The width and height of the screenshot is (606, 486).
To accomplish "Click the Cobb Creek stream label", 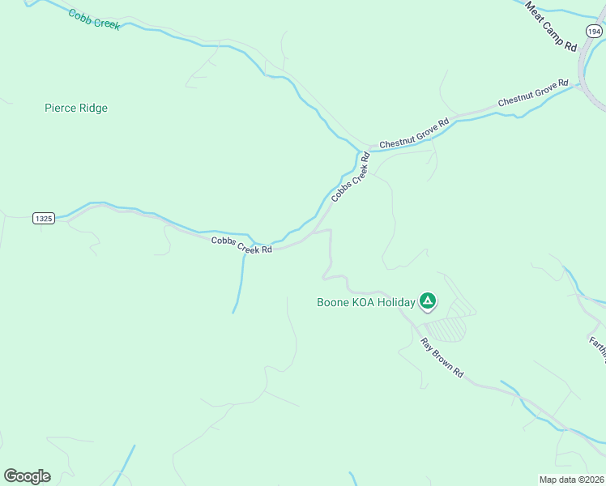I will [94, 19].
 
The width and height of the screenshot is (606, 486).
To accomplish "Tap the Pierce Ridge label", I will [76, 108].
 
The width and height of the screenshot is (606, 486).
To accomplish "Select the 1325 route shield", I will [44, 219].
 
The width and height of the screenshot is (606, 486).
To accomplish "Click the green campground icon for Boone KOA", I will [428, 302].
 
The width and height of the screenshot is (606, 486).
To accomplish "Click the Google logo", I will [27, 476].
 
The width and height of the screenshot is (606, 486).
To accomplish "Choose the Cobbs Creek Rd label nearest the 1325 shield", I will [241, 245].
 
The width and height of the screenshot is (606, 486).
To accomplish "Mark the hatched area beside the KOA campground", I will [446, 327].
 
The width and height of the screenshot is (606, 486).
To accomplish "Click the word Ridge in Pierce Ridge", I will [92, 108].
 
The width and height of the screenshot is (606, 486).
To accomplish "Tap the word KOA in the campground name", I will [363, 303].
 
